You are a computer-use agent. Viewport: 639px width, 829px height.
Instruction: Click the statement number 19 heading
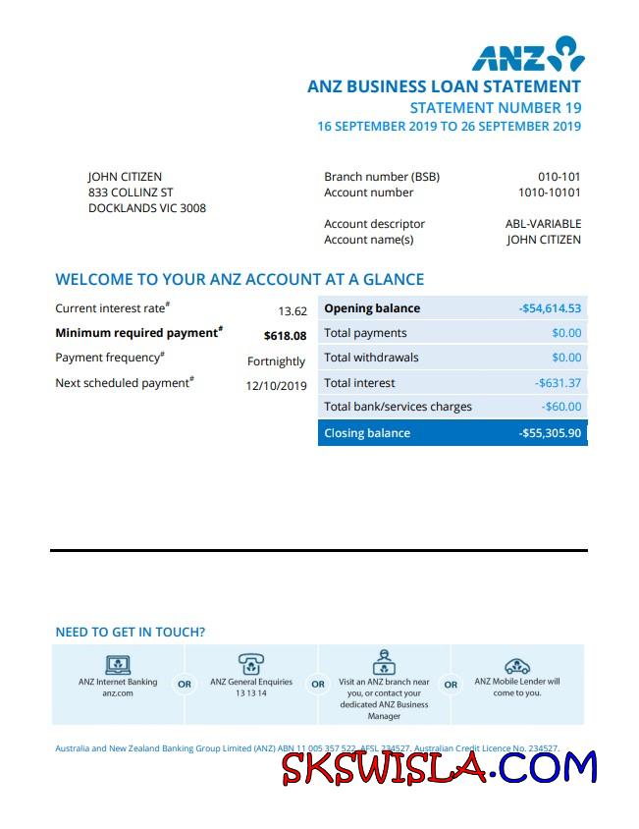pyautogui.click(x=496, y=107)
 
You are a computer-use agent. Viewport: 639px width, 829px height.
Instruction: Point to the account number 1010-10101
pyautogui.click(x=550, y=193)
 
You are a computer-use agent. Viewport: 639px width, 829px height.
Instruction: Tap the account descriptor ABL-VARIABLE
pyautogui.click(x=543, y=224)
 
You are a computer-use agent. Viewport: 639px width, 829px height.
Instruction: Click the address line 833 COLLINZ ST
pyautogui.click(x=131, y=193)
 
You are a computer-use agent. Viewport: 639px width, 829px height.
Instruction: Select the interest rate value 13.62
pyautogui.click(x=293, y=311)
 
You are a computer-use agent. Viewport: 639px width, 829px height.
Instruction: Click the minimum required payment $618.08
pyautogui.click(x=285, y=336)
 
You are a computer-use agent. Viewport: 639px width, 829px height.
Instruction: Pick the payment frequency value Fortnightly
pyautogui.click(x=277, y=361)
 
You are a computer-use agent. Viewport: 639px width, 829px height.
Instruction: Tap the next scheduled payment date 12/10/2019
pyautogui.click(x=276, y=386)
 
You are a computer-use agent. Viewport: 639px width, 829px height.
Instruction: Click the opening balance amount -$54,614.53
pyautogui.click(x=550, y=308)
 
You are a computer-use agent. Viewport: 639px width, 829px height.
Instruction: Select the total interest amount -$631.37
pyautogui.click(x=558, y=383)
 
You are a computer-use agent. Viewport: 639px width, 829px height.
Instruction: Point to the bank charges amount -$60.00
pyautogui.click(x=561, y=407)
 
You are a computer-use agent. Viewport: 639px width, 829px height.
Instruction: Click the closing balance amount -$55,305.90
pyautogui.click(x=550, y=433)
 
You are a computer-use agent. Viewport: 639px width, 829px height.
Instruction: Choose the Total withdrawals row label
pyautogui.click(x=371, y=358)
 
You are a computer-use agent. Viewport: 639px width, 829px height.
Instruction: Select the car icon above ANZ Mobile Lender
pyautogui.click(x=516, y=666)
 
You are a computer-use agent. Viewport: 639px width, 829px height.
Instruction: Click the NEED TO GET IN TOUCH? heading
pyautogui.click(x=131, y=633)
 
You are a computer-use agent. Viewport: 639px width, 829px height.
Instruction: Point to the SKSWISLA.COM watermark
pyautogui.click(x=439, y=767)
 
